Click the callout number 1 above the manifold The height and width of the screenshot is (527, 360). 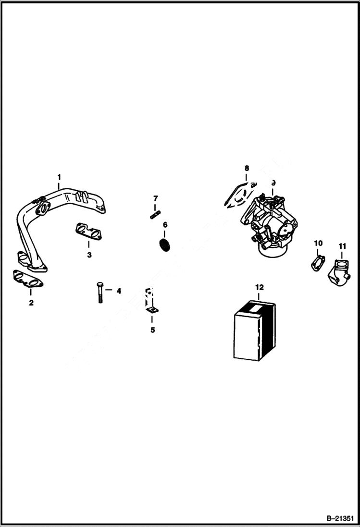pos(59,176)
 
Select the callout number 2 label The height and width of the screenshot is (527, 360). pos(31,303)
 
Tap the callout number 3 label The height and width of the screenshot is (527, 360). pos(89,255)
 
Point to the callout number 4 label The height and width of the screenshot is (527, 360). pos(118,291)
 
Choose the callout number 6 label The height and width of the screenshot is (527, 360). pos(165,224)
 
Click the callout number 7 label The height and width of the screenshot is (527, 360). pos(155,198)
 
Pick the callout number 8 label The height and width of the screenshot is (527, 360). pos(247,168)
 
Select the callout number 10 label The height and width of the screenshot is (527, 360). pos(318,244)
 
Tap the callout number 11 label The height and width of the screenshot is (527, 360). pos(342,246)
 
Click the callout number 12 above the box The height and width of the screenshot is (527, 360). pos(260,287)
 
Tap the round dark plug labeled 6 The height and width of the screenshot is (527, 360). pos(165,244)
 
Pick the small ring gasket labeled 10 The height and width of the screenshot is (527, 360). pos(317,263)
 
